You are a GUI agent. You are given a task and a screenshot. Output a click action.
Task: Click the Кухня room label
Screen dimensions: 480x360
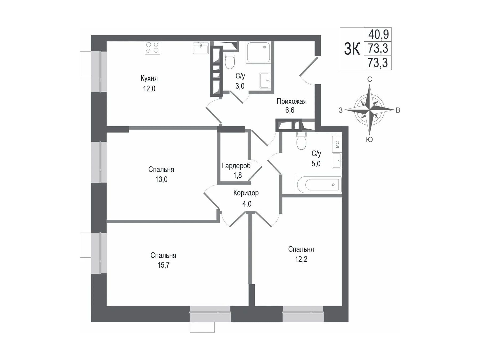[x=149, y=78]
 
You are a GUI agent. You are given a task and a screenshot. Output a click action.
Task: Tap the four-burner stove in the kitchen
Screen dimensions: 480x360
[x=153, y=48]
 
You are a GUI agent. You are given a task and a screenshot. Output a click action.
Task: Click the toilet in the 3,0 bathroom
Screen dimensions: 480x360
[x=230, y=60]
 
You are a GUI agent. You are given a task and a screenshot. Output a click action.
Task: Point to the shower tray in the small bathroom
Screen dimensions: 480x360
[x=258, y=52]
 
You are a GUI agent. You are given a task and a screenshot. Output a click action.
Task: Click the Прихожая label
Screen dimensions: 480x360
[x=291, y=101]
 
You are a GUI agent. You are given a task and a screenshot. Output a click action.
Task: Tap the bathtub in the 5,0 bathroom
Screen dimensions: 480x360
[x=319, y=184]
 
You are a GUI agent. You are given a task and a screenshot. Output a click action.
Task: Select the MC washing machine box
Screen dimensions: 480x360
[x=337, y=144]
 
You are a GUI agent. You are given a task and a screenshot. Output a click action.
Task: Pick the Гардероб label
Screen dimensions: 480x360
[x=236, y=166]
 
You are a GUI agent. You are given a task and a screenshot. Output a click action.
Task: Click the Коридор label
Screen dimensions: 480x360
[x=246, y=193]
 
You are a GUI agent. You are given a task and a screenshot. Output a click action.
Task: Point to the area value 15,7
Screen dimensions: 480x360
[x=163, y=265]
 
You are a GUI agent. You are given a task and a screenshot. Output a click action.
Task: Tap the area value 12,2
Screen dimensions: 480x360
[x=301, y=259]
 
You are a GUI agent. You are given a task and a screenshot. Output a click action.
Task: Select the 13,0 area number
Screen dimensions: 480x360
[x=161, y=179]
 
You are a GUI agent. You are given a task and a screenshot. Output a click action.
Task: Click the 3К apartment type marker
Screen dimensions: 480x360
[x=352, y=49]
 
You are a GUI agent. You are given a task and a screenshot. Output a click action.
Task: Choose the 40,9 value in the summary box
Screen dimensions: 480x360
[x=378, y=34]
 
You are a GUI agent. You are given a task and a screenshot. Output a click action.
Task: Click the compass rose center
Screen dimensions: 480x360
[x=369, y=110]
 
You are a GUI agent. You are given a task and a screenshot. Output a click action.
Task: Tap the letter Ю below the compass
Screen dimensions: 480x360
[x=369, y=139]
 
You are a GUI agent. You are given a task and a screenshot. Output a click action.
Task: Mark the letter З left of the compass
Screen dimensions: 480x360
[x=341, y=110]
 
